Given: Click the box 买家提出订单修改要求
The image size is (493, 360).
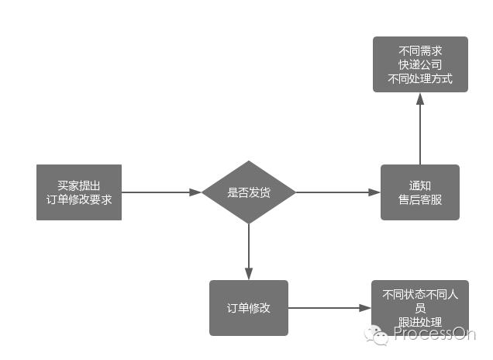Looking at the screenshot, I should [79, 192].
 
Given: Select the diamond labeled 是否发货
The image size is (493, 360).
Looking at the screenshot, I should [249, 192].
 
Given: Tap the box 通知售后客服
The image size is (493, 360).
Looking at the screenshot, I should [420, 192].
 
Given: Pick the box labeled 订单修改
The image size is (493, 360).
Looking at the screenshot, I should [249, 308].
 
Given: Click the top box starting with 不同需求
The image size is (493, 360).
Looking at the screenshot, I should [420, 64].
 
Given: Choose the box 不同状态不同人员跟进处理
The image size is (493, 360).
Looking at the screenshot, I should [420, 308].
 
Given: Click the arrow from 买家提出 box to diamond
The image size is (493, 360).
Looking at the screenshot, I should [161, 192].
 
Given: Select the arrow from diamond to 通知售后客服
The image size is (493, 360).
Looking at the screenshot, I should [337, 192].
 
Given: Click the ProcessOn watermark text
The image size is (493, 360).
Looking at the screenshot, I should [433, 334].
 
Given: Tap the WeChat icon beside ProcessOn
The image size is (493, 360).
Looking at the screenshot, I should [378, 334].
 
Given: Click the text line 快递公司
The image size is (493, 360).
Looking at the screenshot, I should [420, 64].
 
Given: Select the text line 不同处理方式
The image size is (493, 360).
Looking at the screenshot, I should [420, 78].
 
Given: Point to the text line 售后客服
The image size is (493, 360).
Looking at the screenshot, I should [420, 199].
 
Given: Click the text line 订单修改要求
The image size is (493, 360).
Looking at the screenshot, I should [79, 199].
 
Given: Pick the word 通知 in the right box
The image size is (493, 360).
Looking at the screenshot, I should [420, 185].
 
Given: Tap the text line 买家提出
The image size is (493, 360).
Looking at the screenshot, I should [79, 185].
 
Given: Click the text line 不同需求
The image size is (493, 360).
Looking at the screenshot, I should [420, 50].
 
